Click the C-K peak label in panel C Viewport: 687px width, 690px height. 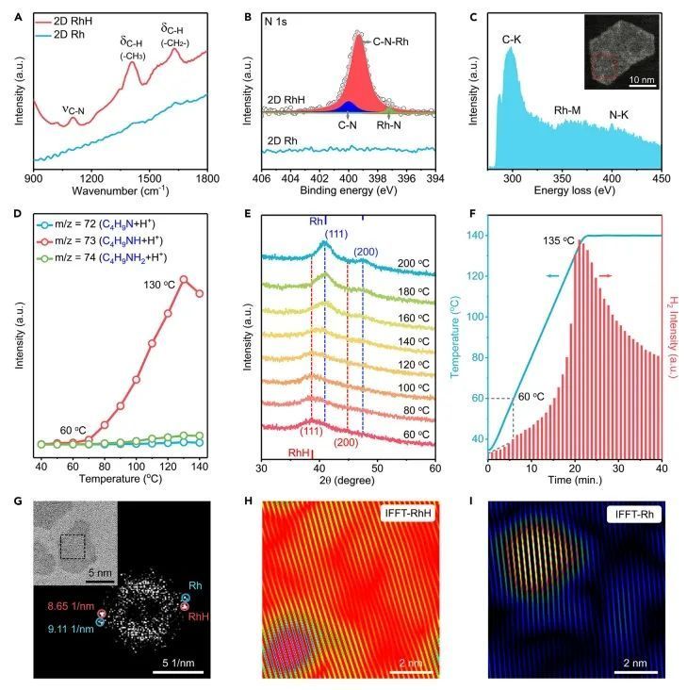(x=511, y=39)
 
